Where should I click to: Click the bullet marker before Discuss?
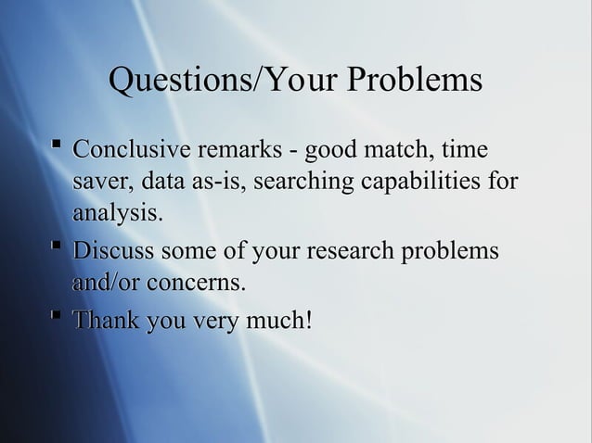click(58, 247)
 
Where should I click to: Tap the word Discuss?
click(112, 251)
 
